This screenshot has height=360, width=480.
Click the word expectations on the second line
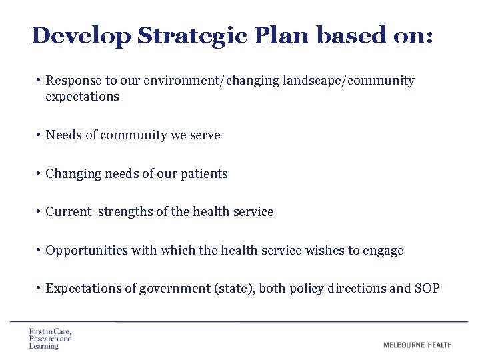(x=82, y=97)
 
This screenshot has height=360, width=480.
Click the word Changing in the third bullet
(x=71, y=174)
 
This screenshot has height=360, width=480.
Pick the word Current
(x=68, y=212)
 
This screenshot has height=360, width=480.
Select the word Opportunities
(x=86, y=251)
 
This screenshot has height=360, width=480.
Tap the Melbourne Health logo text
(x=417, y=345)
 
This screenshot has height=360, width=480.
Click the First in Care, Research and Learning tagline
(x=50, y=339)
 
